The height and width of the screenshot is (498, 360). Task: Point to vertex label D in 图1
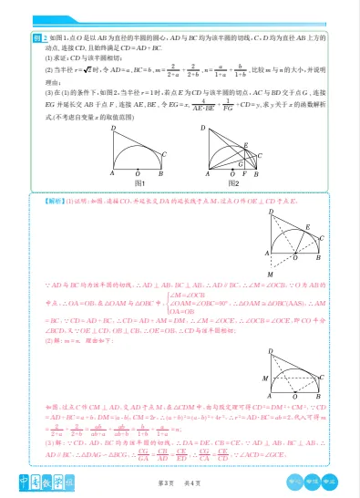pos(113,128)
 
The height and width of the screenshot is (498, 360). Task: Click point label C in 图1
pos(165,153)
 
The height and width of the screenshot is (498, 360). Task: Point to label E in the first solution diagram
pos(307,225)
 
